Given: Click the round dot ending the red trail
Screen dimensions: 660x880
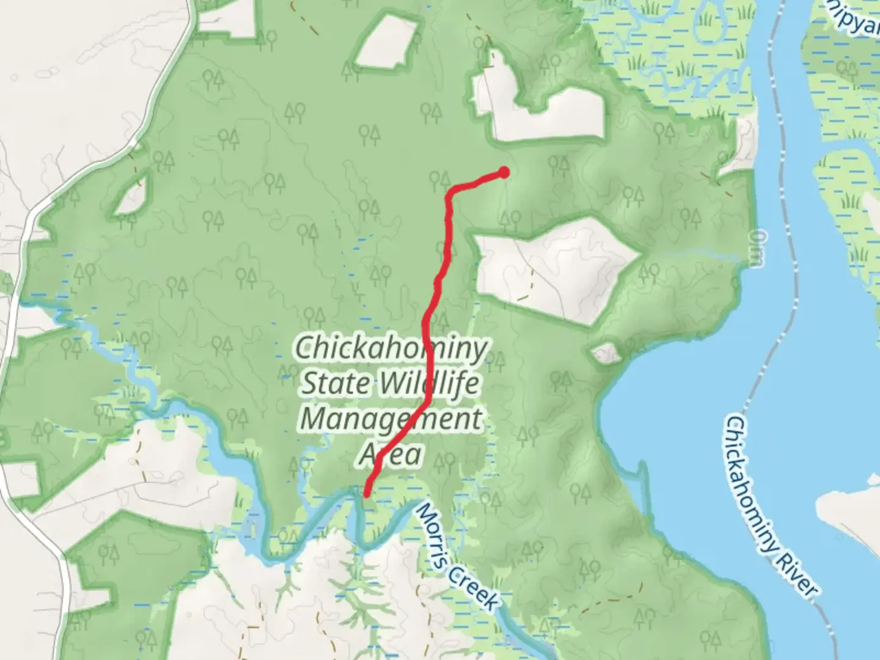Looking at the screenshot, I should point(504,172).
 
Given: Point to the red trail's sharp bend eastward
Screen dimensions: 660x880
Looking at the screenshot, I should point(451,192).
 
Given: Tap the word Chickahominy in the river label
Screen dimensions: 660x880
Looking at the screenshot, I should point(758,483).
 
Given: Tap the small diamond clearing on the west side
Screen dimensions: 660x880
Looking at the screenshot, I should point(130,199).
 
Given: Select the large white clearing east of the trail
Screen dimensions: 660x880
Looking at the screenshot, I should point(553,269).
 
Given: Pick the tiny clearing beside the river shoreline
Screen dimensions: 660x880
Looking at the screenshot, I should point(606,353).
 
